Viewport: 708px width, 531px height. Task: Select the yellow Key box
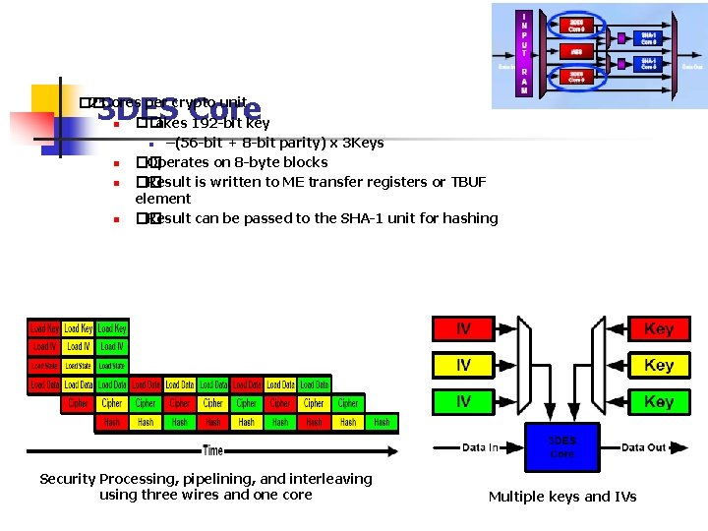tap(658, 366)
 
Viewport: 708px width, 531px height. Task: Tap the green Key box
tap(658, 402)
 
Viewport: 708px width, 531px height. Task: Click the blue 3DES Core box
tap(561, 447)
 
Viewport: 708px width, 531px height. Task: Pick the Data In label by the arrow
tap(480, 448)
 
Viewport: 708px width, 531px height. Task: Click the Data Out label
tap(644, 448)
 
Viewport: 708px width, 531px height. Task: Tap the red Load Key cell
tap(44, 328)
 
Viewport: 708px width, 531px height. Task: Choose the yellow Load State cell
tap(44, 366)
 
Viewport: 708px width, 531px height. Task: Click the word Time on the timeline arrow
tap(212, 450)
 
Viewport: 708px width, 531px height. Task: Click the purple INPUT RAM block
tap(524, 54)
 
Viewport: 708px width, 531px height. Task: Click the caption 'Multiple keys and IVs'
tap(561, 497)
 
